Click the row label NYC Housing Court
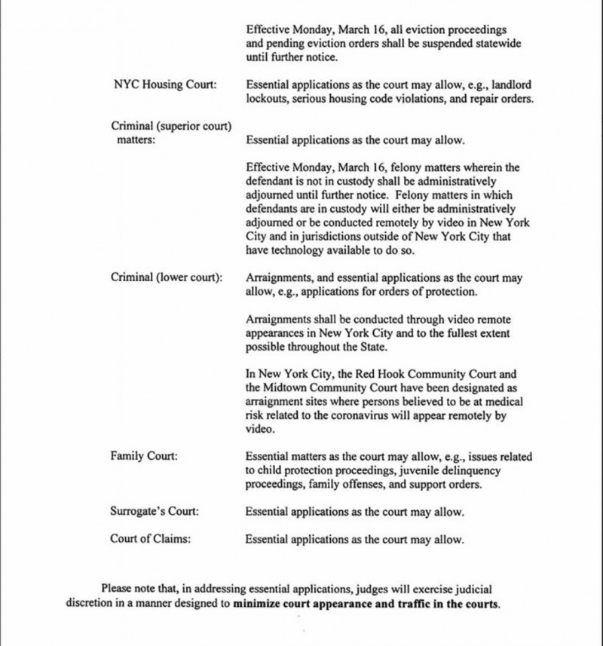click(x=164, y=84)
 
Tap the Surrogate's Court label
click(x=155, y=512)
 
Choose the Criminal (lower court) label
click(x=167, y=277)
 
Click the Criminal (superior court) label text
click(x=170, y=125)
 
